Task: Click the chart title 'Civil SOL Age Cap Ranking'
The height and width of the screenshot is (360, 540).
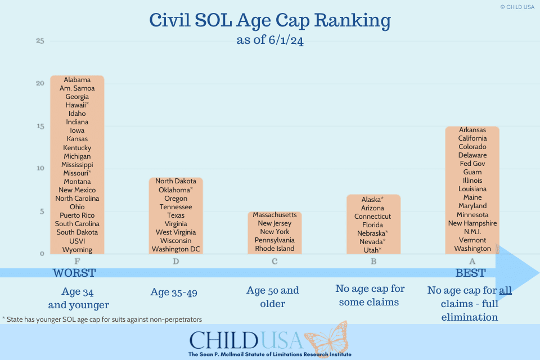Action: coord(270,21)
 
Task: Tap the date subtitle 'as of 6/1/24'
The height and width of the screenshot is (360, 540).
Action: coord(270,41)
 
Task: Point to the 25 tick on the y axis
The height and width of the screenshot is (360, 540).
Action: coord(40,41)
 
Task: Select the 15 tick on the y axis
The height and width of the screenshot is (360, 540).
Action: coord(40,126)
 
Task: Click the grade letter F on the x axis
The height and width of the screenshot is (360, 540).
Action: coord(77,262)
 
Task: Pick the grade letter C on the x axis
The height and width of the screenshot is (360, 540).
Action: coord(274,262)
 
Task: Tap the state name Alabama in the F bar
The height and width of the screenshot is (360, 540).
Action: coord(77,80)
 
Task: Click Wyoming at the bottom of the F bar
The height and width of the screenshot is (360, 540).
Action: coord(77,249)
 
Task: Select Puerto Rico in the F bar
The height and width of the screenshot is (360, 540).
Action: coord(77,215)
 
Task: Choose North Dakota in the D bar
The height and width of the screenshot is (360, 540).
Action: coord(176,181)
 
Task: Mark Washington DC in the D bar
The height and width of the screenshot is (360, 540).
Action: coord(176,249)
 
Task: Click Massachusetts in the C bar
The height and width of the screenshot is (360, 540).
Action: coord(274,215)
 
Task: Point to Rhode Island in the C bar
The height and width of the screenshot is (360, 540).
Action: coord(274,249)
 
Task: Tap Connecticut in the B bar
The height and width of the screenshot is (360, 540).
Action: coord(372,217)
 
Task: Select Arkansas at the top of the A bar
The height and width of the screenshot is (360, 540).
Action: coord(472,130)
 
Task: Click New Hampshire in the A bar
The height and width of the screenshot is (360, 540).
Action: coord(472,223)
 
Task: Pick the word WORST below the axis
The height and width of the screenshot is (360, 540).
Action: coord(74,273)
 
